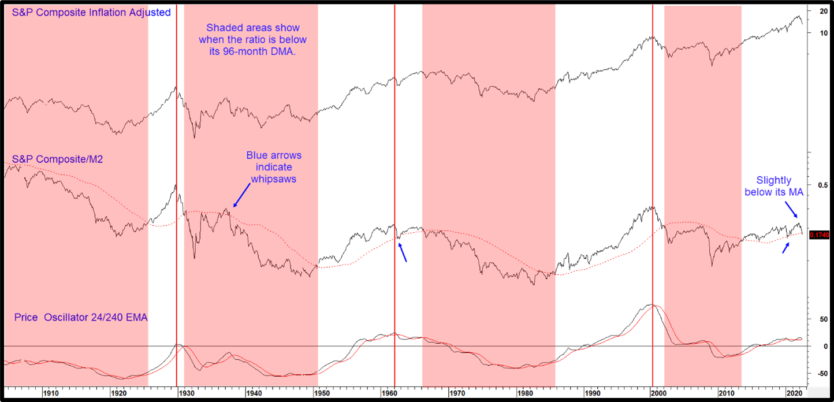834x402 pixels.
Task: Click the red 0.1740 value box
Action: tap(819, 235)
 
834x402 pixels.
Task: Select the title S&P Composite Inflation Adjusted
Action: tap(91, 12)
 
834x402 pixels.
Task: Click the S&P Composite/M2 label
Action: tap(57, 159)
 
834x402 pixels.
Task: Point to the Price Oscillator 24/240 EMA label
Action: tap(80, 318)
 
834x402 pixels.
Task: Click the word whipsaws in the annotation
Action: tap(273, 179)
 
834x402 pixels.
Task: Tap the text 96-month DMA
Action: tap(273, 52)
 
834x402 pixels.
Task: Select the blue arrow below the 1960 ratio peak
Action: tap(403, 252)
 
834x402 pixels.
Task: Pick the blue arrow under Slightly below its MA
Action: tap(787, 247)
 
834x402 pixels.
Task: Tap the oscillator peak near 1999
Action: tap(651, 304)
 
